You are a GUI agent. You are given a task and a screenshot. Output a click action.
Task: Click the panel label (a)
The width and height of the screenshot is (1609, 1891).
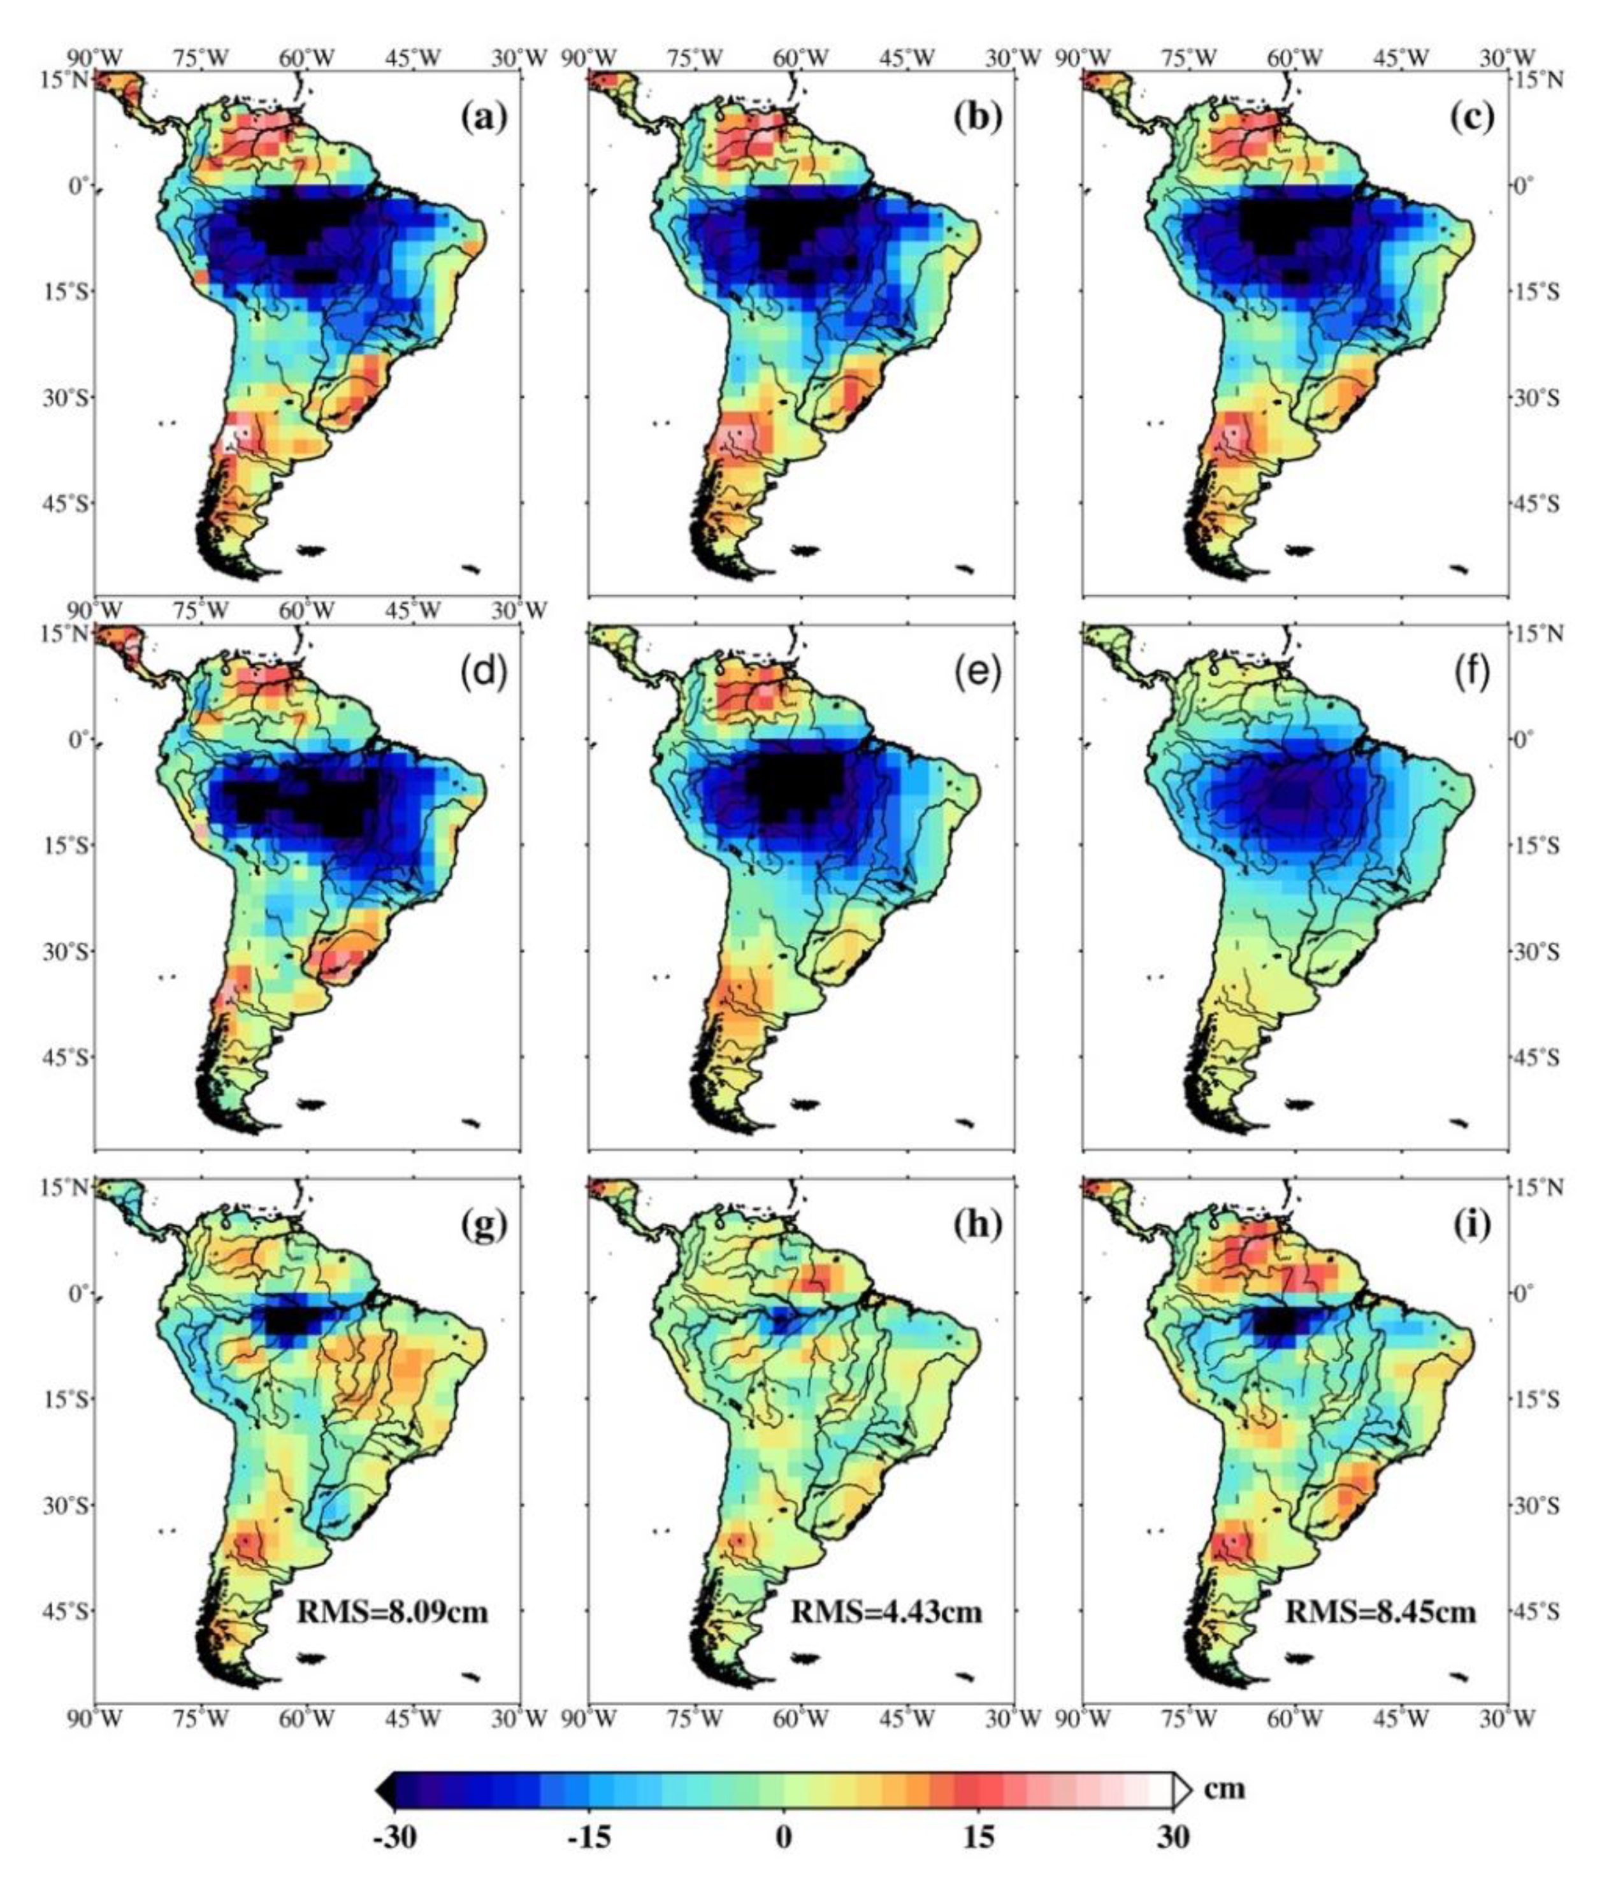tap(484, 118)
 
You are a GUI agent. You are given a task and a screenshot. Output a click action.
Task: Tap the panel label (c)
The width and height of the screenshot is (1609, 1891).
tap(1472, 118)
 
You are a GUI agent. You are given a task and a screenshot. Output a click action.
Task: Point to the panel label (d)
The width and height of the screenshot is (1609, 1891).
tap(484, 672)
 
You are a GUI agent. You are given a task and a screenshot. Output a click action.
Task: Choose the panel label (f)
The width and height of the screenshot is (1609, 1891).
tap(1472, 672)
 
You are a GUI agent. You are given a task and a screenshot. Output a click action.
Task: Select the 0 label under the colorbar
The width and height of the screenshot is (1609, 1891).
tap(784, 1836)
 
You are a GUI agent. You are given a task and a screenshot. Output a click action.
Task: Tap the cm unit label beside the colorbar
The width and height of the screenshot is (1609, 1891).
tap(1224, 1787)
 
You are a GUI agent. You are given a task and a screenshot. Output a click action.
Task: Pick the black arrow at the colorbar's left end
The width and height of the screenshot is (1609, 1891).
tap(386, 1791)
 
